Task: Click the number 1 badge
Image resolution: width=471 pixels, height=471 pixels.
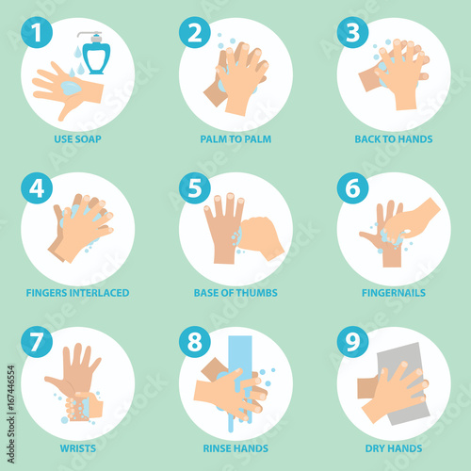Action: pyautogui.click(x=37, y=32)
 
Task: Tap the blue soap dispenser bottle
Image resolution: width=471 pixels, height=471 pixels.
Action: pyautogui.click(x=95, y=54)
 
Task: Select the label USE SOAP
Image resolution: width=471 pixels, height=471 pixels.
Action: pyautogui.click(x=77, y=139)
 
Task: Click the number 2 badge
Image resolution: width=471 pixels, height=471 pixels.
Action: pyautogui.click(x=195, y=32)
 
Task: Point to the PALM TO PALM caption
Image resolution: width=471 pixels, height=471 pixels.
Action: pyautogui.click(x=235, y=139)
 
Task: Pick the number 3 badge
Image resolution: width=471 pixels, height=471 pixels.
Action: pyautogui.click(x=352, y=32)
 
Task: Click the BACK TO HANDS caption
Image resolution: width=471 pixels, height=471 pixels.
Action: pyautogui.click(x=394, y=139)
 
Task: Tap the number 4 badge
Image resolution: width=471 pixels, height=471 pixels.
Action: pyautogui.click(x=37, y=188)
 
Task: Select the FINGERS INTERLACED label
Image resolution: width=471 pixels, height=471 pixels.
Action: pyautogui.click(x=77, y=293)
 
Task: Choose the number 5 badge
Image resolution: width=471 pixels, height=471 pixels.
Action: pyautogui.click(x=195, y=188)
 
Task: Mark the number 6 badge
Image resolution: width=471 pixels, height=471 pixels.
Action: pyautogui.click(x=352, y=188)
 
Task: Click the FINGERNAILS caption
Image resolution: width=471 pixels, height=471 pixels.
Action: pyautogui.click(x=394, y=293)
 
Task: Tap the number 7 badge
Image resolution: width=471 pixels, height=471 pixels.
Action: pyautogui.click(x=37, y=342)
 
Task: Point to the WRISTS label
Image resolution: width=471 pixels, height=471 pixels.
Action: pyautogui.click(x=78, y=448)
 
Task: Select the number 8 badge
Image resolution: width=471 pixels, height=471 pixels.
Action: pyautogui.click(x=195, y=342)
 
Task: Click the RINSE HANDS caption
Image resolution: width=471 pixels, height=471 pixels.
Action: pyautogui.click(x=235, y=448)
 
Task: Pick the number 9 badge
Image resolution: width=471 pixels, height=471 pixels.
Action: pyautogui.click(x=352, y=342)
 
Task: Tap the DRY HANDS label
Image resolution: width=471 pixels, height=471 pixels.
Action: pyautogui.click(x=394, y=448)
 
